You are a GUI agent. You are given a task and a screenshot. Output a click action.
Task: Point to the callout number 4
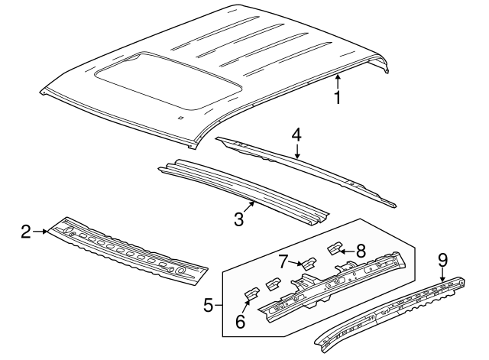296,135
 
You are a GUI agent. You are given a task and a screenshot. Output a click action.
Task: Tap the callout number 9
442,259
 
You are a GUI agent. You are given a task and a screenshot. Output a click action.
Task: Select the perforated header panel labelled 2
126,249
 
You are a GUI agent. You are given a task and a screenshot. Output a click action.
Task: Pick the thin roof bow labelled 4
306,170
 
